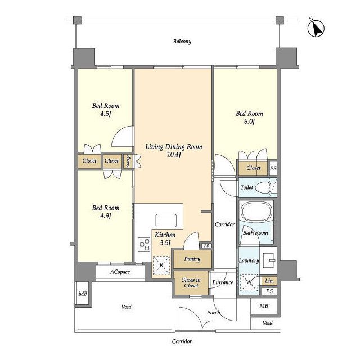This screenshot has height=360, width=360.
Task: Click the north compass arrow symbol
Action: (316, 29)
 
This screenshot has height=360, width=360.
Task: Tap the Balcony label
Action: (182, 42)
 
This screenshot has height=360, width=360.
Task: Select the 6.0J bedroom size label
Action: (249, 121)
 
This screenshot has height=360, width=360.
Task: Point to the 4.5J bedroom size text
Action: (106, 114)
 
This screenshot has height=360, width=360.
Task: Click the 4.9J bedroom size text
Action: (106, 216)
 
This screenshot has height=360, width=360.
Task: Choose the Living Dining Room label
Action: (174, 146)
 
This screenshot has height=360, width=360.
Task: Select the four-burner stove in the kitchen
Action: (144, 244)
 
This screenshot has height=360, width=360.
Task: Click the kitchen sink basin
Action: (166, 220)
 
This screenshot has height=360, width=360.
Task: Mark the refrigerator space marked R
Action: (161, 265)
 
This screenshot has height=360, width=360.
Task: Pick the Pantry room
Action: (192, 259)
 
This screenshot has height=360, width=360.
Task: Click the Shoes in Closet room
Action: (191, 283)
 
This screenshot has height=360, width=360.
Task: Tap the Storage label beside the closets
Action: (128, 161)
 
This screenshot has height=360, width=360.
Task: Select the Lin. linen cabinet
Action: (269, 281)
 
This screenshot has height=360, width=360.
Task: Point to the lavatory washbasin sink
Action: (269, 260)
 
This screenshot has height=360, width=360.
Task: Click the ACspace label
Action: (120, 272)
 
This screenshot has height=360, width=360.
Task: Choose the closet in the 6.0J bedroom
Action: (253, 168)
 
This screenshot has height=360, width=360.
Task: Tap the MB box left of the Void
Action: (83, 294)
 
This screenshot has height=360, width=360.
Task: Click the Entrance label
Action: (223, 282)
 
